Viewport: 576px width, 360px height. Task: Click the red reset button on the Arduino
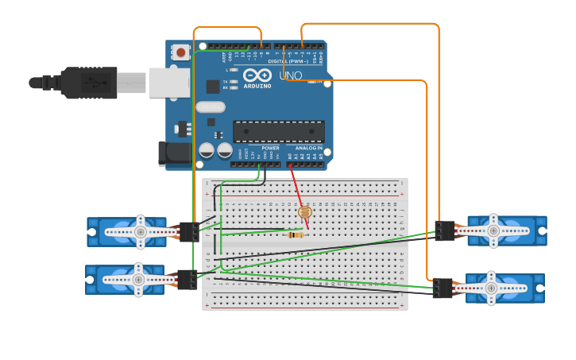(x=182, y=52)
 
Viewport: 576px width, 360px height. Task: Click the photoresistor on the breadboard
(x=305, y=212)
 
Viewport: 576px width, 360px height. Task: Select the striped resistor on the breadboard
(x=295, y=234)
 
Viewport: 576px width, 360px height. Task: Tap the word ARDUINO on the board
(x=257, y=86)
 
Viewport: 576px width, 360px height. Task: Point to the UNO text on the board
(x=290, y=75)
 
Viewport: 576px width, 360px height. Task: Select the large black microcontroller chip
(x=278, y=131)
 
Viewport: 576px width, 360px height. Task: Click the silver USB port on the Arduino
(x=168, y=82)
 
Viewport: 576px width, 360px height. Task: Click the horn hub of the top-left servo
(x=141, y=231)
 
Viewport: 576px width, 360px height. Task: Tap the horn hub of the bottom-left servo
(x=138, y=280)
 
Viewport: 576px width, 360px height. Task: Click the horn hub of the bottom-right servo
(x=491, y=288)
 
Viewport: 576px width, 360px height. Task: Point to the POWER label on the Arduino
(x=270, y=148)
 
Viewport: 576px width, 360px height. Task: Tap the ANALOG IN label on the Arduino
(x=309, y=148)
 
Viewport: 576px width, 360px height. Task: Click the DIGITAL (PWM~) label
(x=288, y=60)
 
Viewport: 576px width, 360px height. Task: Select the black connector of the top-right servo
(x=445, y=230)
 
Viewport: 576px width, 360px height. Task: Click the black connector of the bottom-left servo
(x=187, y=280)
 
